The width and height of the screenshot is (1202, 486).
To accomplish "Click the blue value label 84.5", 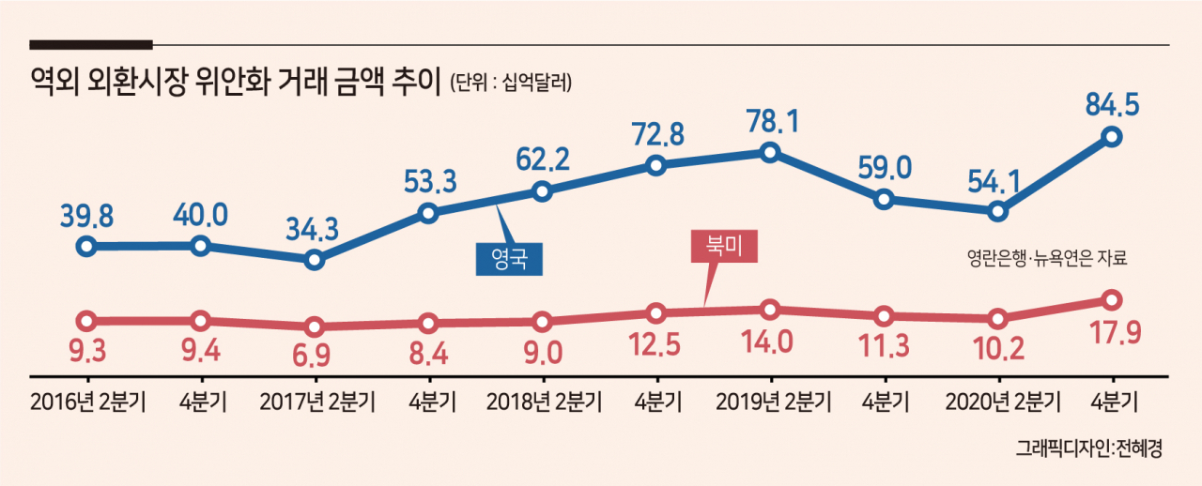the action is coord(1112,104).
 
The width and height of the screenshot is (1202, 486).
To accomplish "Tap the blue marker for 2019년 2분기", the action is coord(770,153).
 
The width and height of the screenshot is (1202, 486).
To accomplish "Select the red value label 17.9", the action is coord(1116,333).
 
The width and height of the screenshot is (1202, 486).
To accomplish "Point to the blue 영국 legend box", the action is coord(509,259).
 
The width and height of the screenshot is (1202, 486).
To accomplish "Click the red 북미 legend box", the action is coord(724,246).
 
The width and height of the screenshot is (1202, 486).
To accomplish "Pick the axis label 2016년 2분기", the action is coord(88,402).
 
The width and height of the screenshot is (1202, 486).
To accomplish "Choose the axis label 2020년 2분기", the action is coord(1003,402).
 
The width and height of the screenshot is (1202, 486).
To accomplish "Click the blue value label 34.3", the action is coord(313,229).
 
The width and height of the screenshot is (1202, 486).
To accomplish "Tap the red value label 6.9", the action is coord(312,355).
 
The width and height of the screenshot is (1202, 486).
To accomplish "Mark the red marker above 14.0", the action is coord(770,310).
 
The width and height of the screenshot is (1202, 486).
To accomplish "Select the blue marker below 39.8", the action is coord(87,247).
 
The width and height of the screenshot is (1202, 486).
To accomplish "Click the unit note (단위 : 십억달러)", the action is coord(511,83).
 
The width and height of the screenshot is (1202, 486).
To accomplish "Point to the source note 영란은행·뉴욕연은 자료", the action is coord(1047,259).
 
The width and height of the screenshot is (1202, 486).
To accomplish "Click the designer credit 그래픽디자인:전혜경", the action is coord(1088,448).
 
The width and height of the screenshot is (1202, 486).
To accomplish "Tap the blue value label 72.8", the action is coord(658,134).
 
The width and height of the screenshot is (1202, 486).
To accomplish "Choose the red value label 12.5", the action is coord(655,344).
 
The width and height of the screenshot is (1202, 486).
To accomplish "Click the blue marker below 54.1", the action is coord(997,211).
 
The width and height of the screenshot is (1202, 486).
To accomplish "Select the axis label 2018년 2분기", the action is coord(544,402).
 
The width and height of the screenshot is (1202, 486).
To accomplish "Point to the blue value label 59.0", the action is coord(885,168).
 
